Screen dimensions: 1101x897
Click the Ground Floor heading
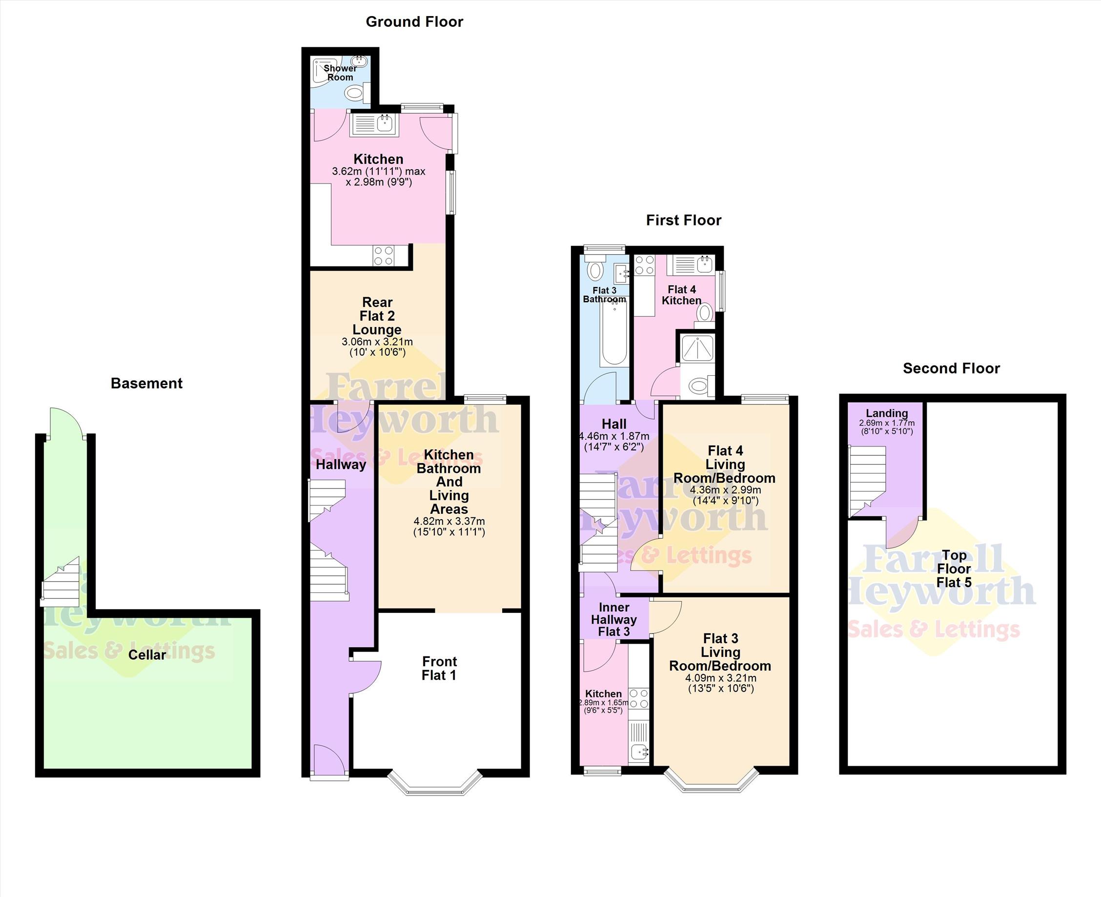click(414, 21)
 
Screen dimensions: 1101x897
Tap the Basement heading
click(147, 384)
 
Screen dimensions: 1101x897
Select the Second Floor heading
click(951, 368)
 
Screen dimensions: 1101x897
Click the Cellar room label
click(147, 654)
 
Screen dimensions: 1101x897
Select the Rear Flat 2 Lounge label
click(377, 316)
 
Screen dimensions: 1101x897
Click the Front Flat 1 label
click(439, 668)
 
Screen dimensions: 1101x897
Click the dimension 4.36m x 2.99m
click(725, 490)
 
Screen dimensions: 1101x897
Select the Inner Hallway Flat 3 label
click(614, 619)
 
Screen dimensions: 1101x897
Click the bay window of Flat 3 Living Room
click(712, 780)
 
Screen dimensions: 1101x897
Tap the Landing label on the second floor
click(887, 413)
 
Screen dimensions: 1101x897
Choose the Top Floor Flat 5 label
click(954, 569)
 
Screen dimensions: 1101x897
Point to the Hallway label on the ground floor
click(341, 464)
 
